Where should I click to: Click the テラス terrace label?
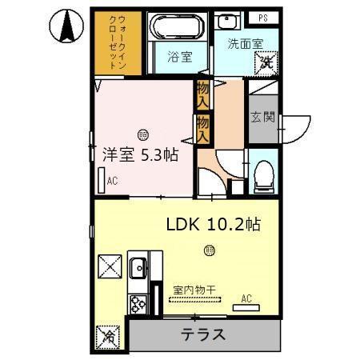coord(202,334)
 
